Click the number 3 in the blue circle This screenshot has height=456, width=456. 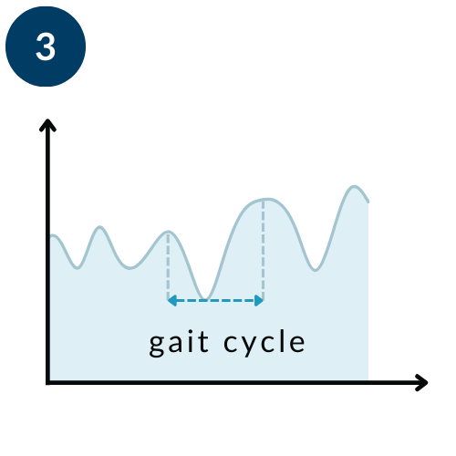(x=46, y=47)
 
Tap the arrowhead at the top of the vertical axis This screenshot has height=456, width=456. (x=47, y=125)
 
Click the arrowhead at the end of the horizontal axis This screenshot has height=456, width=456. (x=421, y=382)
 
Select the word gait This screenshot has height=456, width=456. (x=179, y=343)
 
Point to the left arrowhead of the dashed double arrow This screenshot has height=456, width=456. (x=172, y=301)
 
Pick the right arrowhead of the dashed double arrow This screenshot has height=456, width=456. (x=259, y=301)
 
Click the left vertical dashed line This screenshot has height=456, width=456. (x=168, y=267)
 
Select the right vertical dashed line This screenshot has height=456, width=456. (x=264, y=250)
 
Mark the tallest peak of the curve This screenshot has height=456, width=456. (x=354, y=186)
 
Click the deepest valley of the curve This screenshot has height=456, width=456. (x=204, y=298)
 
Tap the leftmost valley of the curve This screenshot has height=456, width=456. (x=78, y=268)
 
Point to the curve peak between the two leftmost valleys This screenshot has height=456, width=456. (x=99, y=227)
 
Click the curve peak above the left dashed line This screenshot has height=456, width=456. (x=168, y=232)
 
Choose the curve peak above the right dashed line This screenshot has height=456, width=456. (x=266, y=199)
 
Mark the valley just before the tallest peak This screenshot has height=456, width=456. (x=316, y=270)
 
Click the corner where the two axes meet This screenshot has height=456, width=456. (x=47, y=382)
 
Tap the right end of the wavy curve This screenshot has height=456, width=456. (x=368, y=202)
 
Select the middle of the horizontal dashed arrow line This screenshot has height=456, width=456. (x=216, y=301)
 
